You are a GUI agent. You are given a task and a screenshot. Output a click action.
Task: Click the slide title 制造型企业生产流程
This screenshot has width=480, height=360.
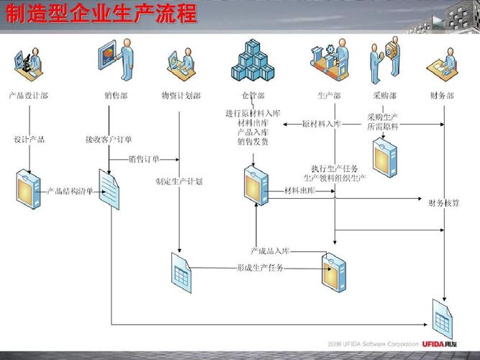point(101,14)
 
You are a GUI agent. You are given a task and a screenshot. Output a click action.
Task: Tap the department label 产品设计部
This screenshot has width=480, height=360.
point(28,95)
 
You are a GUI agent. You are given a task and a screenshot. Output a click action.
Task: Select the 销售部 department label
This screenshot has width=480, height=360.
point(115,95)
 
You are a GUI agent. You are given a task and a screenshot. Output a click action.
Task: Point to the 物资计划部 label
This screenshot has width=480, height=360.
point(181,95)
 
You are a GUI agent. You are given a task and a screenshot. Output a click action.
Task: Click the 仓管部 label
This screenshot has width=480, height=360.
point(253,95)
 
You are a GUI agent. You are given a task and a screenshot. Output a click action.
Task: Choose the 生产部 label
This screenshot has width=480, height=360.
point(329,95)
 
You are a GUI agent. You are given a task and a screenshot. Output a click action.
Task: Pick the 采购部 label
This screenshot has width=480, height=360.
point(384,95)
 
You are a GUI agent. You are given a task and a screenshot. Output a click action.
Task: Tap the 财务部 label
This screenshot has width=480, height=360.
point(441,95)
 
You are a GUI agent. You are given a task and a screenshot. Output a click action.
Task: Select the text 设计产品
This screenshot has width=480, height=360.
point(29,140)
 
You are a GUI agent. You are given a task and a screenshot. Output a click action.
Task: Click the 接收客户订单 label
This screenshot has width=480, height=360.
point(109,140)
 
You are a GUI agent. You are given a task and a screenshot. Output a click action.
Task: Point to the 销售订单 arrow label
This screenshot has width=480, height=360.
point(144,159)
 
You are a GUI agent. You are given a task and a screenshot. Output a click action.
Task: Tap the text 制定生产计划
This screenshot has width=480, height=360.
point(179,181)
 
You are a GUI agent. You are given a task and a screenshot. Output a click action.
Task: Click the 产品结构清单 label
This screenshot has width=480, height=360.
point(70,191)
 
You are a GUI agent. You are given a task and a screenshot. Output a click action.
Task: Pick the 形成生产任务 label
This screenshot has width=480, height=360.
point(260,268)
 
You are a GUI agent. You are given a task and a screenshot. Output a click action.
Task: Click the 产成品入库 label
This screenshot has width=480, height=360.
point(269,251)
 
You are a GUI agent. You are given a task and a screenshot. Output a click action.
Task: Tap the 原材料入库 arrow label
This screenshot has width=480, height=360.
point(322,124)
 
